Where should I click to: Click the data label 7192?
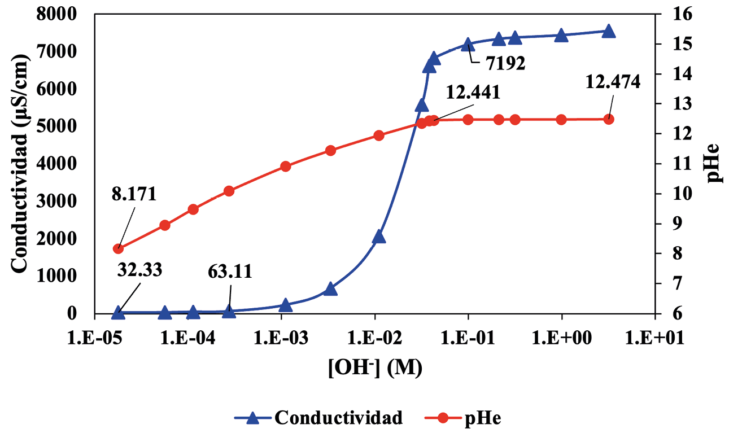click(505, 63)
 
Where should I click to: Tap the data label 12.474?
click(613, 82)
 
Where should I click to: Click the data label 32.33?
click(140, 270)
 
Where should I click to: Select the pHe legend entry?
click(483, 418)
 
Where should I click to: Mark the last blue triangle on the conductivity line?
click(608, 32)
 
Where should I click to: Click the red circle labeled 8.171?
click(119, 248)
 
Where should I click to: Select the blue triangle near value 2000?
click(379, 237)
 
